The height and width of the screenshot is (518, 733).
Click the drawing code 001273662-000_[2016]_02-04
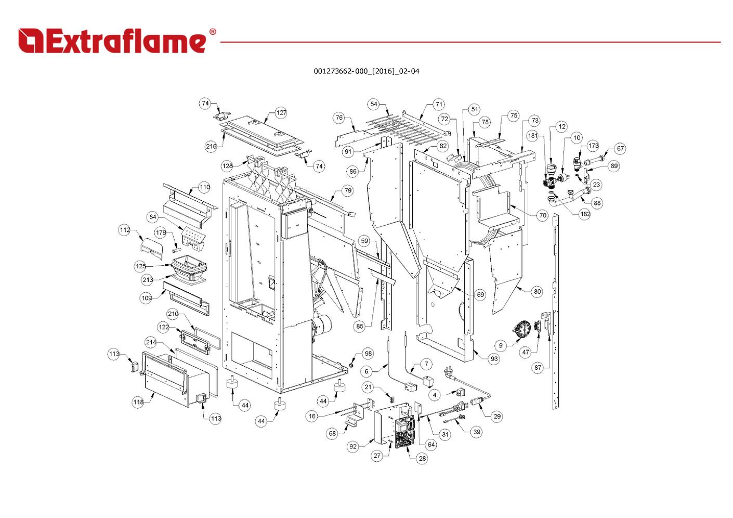[x=366, y=71]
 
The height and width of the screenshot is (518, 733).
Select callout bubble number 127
[x=281, y=113]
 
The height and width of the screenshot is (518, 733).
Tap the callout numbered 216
[x=211, y=146]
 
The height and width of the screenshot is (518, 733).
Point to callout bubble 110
[x=204, y=187]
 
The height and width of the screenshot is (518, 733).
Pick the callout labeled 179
[x=161, y=233]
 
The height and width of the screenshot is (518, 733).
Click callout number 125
[x=141, y=266]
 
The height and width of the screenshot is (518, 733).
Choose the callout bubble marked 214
[x=151, y=342]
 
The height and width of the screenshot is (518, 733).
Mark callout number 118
[x=138, y=402]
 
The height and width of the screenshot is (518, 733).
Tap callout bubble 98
[x=368, y=354]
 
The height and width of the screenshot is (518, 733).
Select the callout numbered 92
[x=354, y=447]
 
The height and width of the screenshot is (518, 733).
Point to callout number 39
[x=477, y=432]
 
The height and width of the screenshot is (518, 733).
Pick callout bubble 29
[x=498, y=416]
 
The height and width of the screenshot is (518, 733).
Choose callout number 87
[x=538, y=368]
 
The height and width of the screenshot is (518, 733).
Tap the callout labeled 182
[x=585, y=214]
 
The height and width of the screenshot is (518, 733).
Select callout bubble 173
[x=594, y=146]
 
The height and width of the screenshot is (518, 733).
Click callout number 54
[x=374, y=104]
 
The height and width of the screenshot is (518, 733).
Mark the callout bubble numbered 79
[x=348, y=190]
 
